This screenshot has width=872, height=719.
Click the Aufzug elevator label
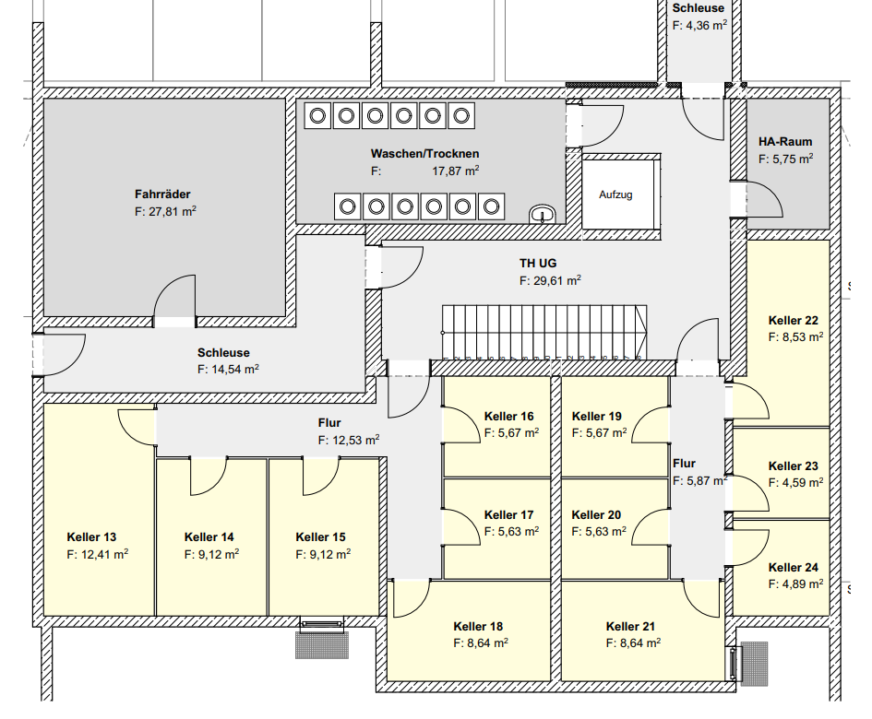[x=615, y=195]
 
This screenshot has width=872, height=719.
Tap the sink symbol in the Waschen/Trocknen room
[x=543, y=215]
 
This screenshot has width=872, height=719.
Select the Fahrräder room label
[x=162, y=194]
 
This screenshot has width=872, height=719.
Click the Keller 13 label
[x=91, y=536]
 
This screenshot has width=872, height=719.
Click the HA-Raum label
[x=785, y=142]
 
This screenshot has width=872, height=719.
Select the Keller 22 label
[x=793, y=321]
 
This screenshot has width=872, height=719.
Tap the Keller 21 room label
[x=631, y=626]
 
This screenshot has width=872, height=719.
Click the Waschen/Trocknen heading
[x=425, y=153]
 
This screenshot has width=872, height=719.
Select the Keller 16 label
[x=508, y=417]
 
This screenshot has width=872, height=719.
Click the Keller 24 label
[x=793, y=568]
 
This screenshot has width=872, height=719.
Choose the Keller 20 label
[x=596, y=515]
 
